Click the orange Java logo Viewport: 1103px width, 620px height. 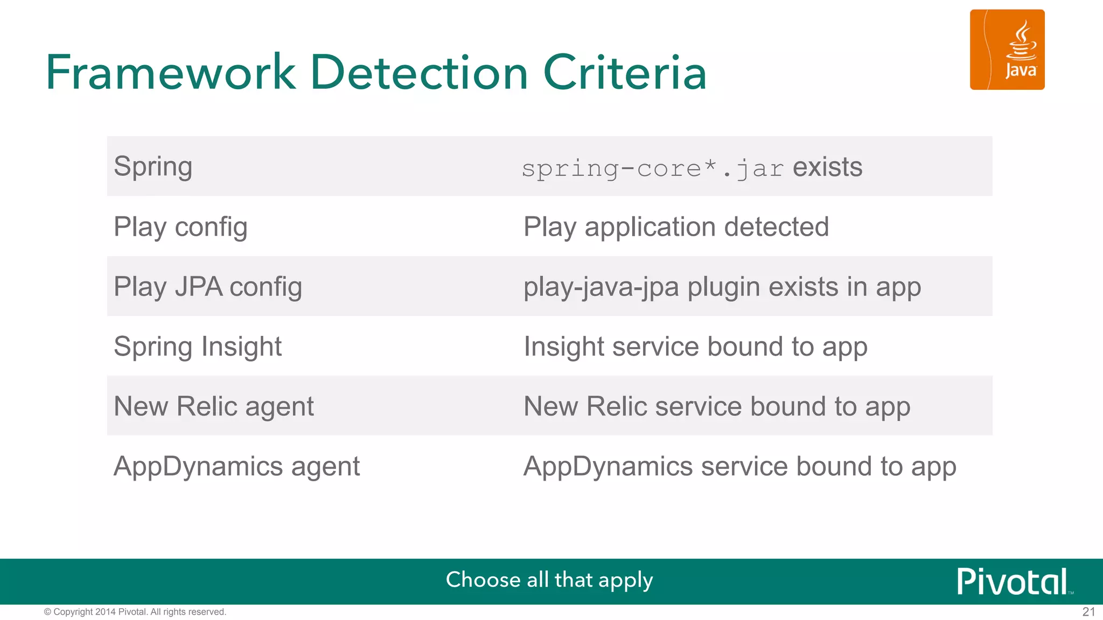(1007, 50)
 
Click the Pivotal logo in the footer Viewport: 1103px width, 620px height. (1013, 581)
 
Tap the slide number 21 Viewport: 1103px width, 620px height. (1088, 612)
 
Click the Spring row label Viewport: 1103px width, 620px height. (153, 166)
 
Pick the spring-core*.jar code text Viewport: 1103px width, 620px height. (653, 168)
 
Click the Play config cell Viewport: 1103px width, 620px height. (180, 227)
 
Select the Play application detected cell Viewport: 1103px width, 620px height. (676, 227)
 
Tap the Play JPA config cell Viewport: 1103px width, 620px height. (208, 287)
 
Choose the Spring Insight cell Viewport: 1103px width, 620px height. (198, 347)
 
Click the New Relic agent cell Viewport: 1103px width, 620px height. (214, 406)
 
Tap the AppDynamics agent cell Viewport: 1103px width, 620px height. (236, 466)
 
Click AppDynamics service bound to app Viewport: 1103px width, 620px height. (740, 467)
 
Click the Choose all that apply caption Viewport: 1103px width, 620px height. (549, 580)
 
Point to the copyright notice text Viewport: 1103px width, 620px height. (135, 612)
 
